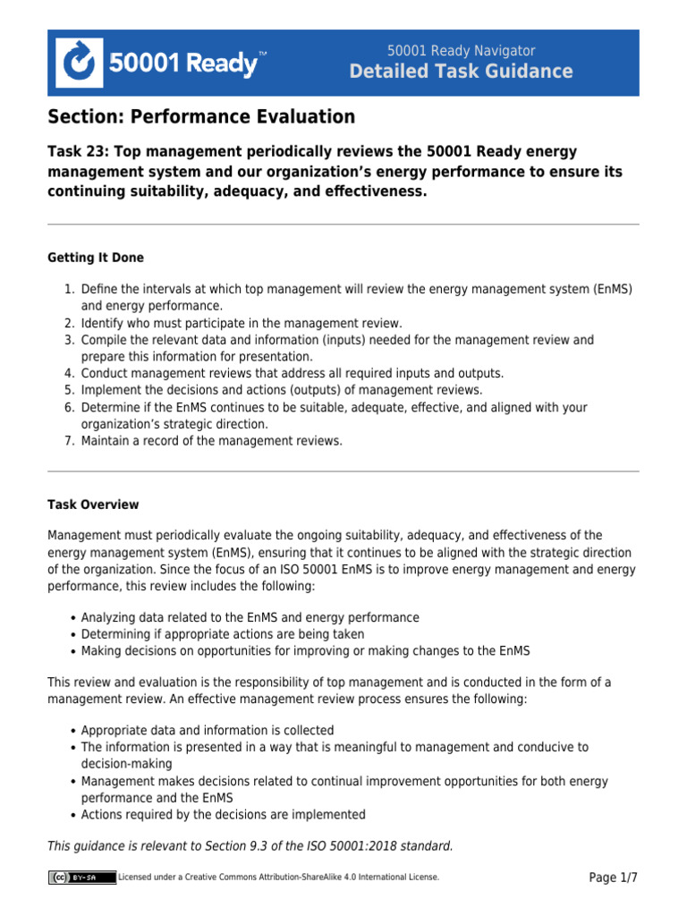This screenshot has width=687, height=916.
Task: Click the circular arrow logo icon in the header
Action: (x=80, y=63)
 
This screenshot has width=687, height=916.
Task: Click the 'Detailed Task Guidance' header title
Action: (x=461, y=72)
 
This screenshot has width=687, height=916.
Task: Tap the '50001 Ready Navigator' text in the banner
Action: (x=461, y=51)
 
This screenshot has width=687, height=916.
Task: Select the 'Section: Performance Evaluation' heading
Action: (x=201, y=117)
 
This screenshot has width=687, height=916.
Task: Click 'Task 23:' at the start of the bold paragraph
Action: (x=79, y=151)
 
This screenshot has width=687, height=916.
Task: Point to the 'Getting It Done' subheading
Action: (x=96, y=258)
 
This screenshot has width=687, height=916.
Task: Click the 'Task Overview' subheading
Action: (x=93, y=505)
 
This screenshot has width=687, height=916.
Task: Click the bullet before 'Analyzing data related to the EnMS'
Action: (x=72, y=618)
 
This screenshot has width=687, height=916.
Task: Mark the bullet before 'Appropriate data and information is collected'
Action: (x=72, y=730)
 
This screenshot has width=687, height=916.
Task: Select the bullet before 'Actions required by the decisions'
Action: (x=72, y=815)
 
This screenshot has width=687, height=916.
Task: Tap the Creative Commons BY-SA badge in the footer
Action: (x=81, y=878)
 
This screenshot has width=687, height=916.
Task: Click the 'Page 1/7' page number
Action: (x=613, y=878)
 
